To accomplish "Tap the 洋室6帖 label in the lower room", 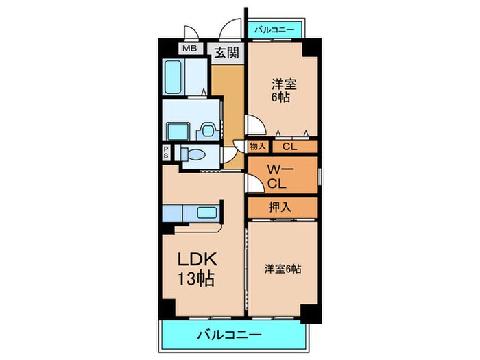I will (283, 269).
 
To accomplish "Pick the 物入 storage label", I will (258, 146).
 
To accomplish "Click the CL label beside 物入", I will (289, 146).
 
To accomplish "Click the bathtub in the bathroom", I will (175, 78).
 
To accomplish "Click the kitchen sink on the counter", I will (206, 213).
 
